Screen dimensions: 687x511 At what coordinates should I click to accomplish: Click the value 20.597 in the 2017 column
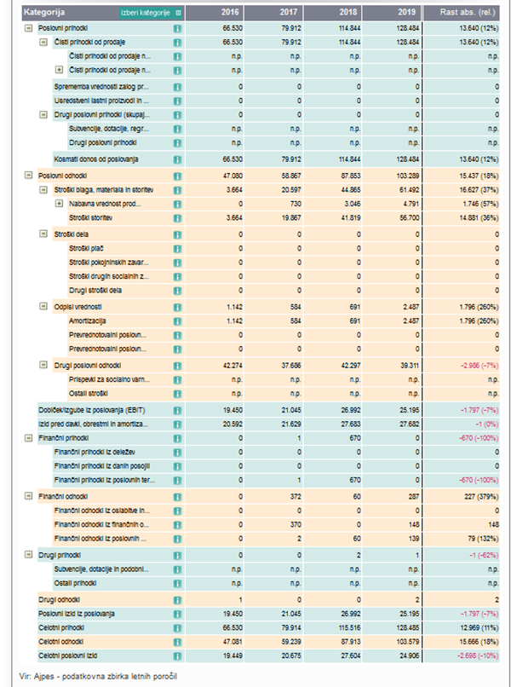pos(290,189)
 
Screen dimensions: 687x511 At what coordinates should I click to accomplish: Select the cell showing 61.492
pos(419,189)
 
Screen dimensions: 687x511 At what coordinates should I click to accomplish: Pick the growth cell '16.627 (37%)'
pos(477,189)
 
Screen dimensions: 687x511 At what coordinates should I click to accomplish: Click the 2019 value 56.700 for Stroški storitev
pos(419,218)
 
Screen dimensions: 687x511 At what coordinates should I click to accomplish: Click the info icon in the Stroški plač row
pos(177,248)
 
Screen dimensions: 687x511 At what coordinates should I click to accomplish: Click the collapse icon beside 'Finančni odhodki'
pos(31,495)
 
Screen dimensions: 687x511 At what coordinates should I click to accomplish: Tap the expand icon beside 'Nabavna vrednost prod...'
pos(59,204)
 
